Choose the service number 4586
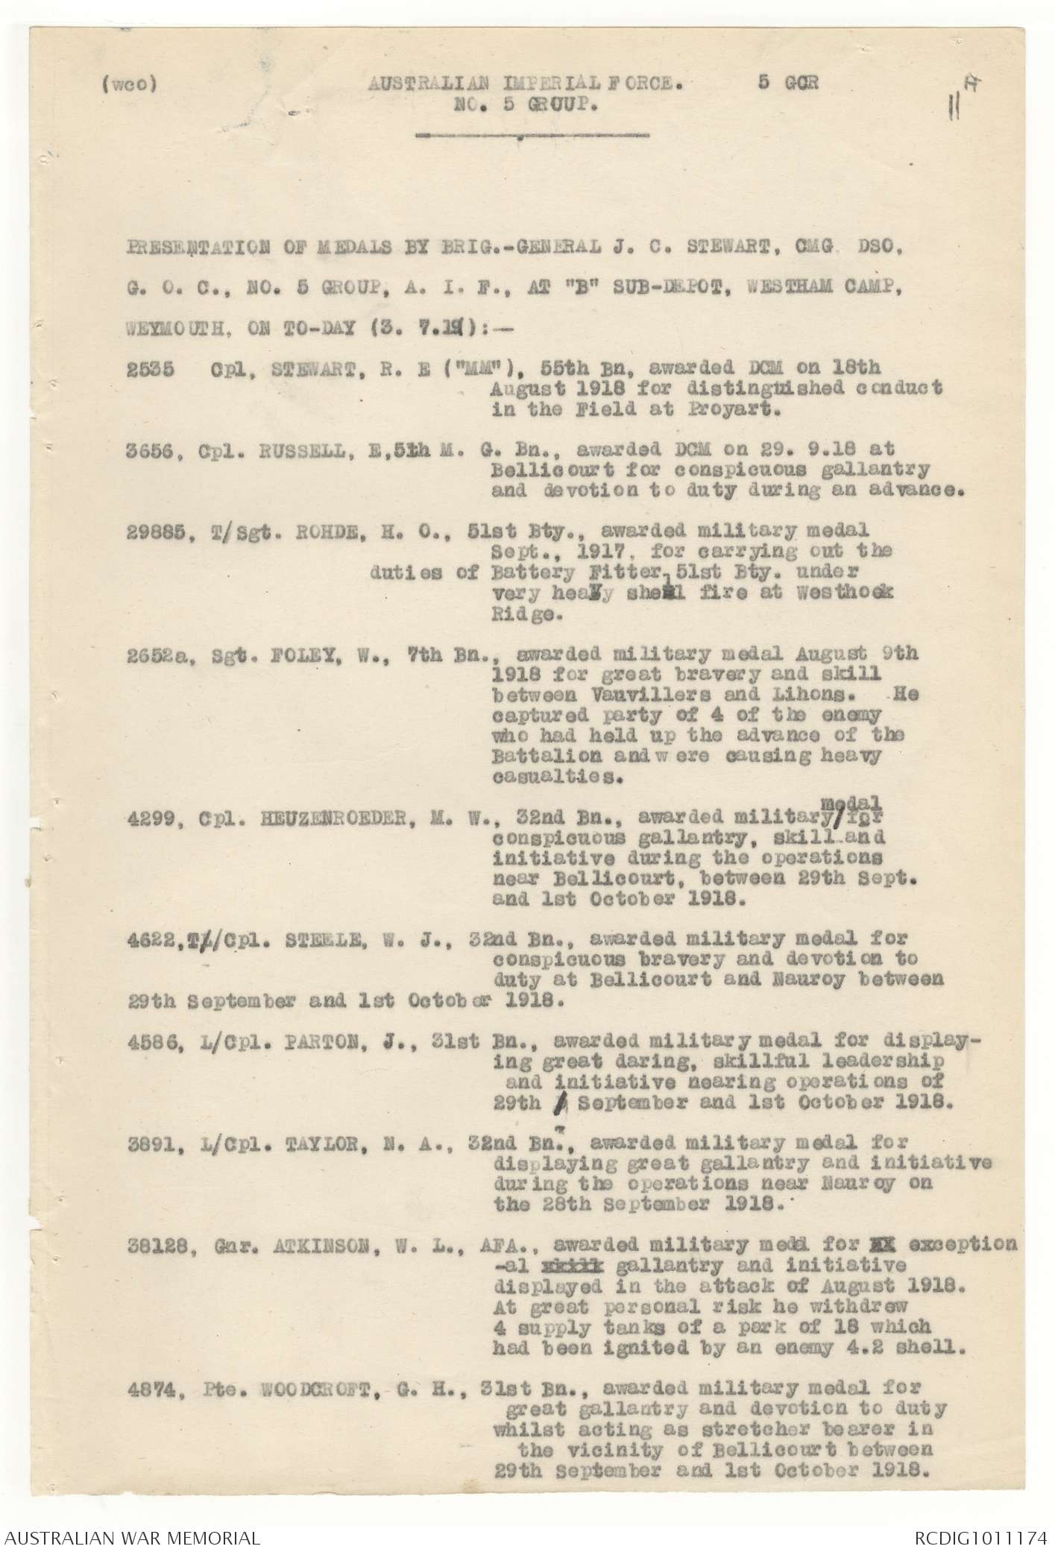[x=150, y=1042]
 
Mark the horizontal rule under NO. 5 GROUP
[x=532, y=136]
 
